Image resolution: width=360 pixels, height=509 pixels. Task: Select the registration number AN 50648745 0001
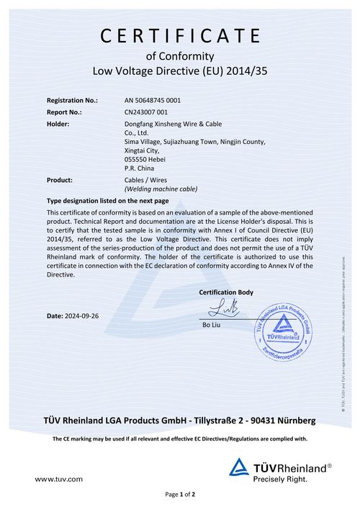[x=153, y=100]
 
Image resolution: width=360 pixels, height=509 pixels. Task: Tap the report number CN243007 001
[x=146, y=112]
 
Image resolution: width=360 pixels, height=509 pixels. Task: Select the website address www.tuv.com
[x=59, y=478]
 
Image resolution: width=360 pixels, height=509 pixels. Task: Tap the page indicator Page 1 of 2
[x=180, y=495]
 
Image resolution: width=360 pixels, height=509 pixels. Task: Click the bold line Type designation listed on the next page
[x=107, y=200]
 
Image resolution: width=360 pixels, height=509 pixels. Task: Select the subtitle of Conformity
[x=181, y=55]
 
